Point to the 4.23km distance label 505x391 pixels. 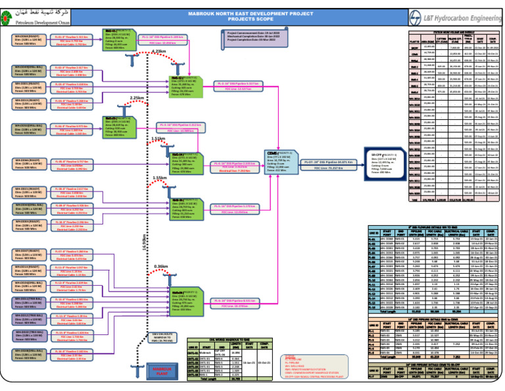tap(158, 51)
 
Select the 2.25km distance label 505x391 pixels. tap(137, 97)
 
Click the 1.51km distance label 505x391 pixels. tap(158, 139)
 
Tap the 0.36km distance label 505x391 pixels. tap(160, 266)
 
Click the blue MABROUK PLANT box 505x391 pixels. tap(159, 371)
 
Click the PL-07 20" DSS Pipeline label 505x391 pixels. tap(329, 161)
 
